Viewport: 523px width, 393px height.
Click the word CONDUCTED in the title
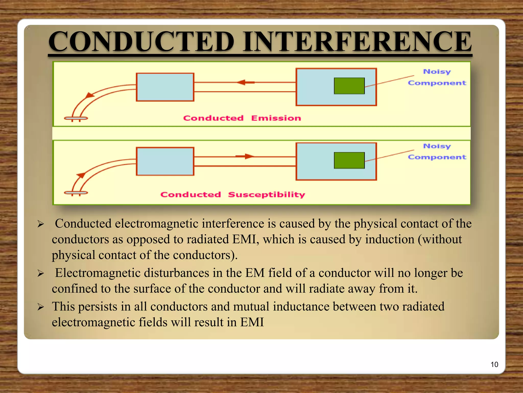141,41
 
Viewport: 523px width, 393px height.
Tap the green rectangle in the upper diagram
349,86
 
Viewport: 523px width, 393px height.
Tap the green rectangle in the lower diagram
349,160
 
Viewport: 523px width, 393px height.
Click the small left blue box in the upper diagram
165,87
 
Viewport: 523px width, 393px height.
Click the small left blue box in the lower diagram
165,161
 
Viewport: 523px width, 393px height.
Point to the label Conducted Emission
242,118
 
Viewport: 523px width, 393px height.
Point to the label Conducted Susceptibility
233,194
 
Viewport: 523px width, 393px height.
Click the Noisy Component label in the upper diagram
437,77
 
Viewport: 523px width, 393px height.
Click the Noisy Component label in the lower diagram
437,151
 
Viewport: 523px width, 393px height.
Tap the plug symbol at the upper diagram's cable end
76,118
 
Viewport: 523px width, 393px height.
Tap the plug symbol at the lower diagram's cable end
76,193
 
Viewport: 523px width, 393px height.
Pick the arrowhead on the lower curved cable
81,176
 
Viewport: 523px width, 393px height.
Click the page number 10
494,364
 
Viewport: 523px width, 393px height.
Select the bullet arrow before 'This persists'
41,307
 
